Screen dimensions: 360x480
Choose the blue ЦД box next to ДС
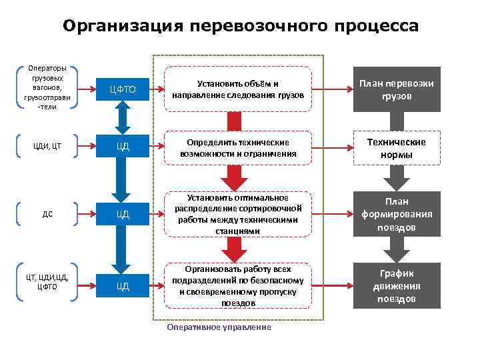tap(121, 214)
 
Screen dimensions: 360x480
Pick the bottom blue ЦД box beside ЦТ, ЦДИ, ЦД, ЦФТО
tap(121, 286)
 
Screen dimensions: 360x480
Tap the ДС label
tap(47, 214)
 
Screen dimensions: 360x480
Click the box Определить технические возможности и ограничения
tap(237, 148)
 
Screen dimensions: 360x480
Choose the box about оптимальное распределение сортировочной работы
tap(237, 214)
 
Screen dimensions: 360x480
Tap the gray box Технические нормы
tap(396, 148)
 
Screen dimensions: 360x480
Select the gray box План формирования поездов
tap(396, 214)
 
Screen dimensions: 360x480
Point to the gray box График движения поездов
tap(396, 285)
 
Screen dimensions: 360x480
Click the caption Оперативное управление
tap(219, 327)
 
